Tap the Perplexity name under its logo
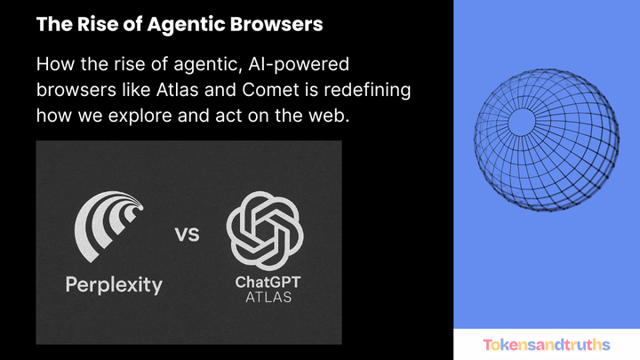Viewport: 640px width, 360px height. [x=113, y=284]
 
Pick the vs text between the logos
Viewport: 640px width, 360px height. [x=186, y=236]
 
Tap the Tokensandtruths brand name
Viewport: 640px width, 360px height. [x=547, y=344]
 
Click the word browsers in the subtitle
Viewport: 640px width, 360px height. [x=73, y=91]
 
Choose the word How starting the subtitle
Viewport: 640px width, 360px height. [x=54, y=66]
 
